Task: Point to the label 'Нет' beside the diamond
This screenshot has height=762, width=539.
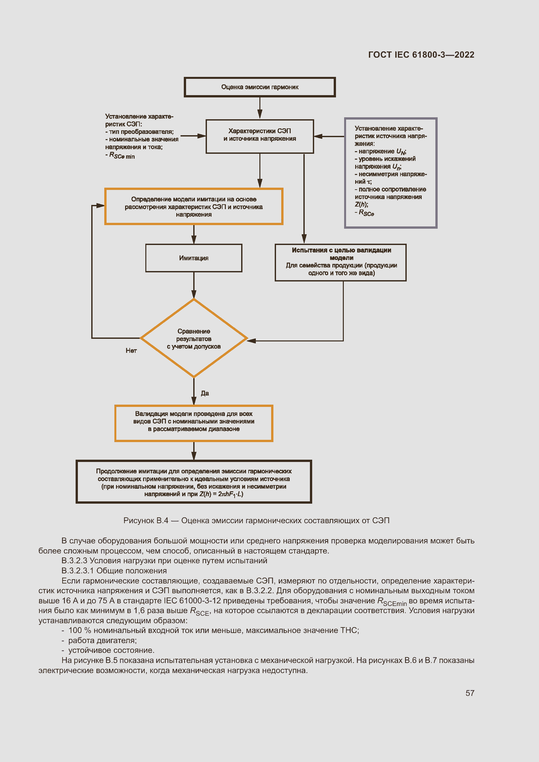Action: pos(131,351)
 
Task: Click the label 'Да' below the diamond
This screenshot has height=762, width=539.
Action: pos(205,393)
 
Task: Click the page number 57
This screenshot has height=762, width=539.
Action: pos(470,693)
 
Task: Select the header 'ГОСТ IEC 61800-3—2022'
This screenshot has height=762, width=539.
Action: pos(421,55)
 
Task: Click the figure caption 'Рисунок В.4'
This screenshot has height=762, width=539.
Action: pos(146,520)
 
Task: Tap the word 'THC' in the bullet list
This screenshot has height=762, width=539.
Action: pos(349,630)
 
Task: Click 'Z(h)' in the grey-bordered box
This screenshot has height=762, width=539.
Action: pos(361,205)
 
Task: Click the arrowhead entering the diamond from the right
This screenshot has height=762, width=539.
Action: pos(251,341)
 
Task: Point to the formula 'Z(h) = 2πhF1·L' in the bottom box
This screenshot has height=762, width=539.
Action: pos(221,494)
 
